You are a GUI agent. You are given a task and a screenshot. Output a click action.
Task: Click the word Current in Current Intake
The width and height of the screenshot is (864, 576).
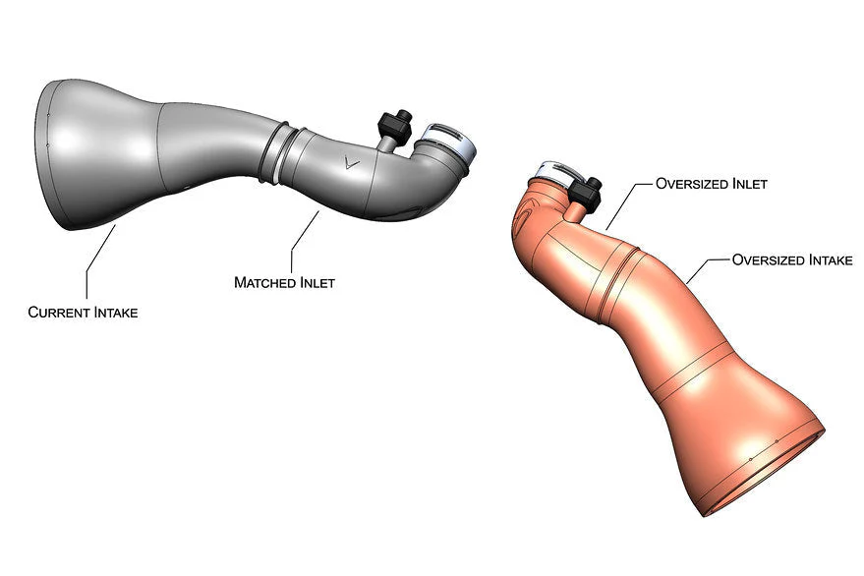click(59, 312)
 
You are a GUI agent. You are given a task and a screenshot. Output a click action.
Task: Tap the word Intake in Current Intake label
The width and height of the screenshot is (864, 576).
click(116, 312)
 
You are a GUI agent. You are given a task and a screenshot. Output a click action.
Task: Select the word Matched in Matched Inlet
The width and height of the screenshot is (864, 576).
click(265, 282)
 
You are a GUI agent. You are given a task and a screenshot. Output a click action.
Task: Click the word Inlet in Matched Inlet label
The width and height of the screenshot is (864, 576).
click(317, 282)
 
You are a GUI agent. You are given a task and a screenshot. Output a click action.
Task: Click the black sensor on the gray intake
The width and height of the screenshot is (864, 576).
click(396, 125)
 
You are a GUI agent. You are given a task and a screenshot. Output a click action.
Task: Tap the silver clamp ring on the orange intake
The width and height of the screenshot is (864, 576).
click(553, 173)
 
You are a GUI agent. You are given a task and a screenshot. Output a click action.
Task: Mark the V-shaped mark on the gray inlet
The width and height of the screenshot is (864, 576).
click(351, 162)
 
